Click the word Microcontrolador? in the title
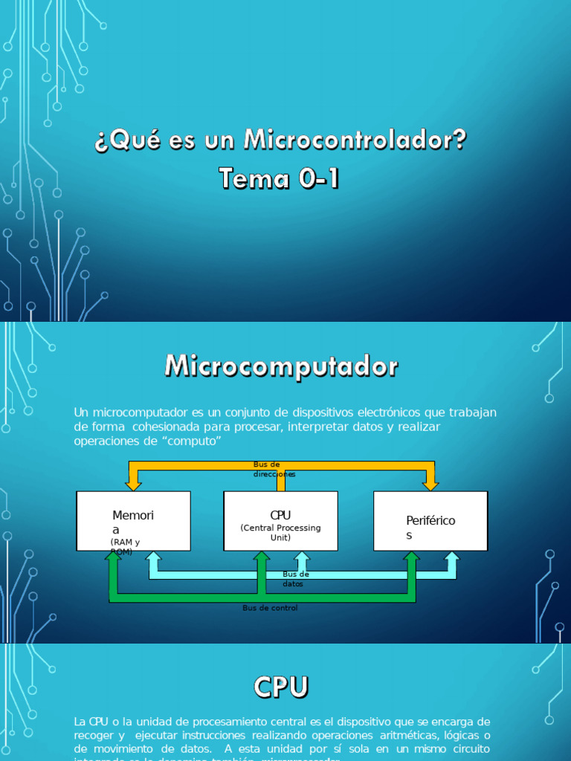click(x=355, y=140)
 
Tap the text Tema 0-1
click(x=279, y=178)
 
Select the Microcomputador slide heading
click(x=281, y=366)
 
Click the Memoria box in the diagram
click(x=133, y=520)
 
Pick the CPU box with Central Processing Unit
click(x=280, y=520)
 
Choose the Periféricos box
click(x=430, y=520)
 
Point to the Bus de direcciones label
click(x=274, y=469)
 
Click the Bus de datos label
click(x=295, y=579)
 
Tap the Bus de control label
click(x=270, y=608)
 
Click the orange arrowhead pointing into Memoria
click(x=134, y=484)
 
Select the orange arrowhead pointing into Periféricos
click(x=430, y=484)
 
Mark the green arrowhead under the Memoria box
click(x=114, y=557)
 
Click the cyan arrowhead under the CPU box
click(x=302, y=557)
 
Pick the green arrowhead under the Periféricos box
click(x=411, y=557)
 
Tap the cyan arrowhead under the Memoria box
click(x=153, y=557)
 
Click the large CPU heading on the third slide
click(x=280, y=687)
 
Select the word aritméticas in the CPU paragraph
click(x=407, y=735)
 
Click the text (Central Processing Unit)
click(x=280, y=532)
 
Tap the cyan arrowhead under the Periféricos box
click(x=451, y=557)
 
